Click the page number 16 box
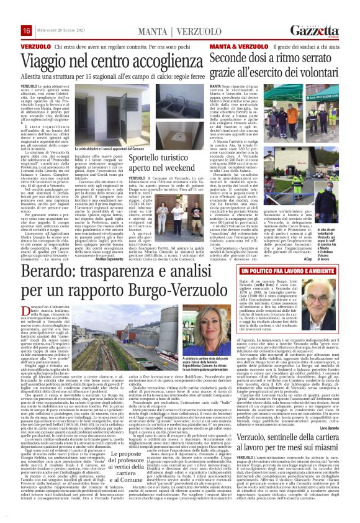(x=9, y=31)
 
